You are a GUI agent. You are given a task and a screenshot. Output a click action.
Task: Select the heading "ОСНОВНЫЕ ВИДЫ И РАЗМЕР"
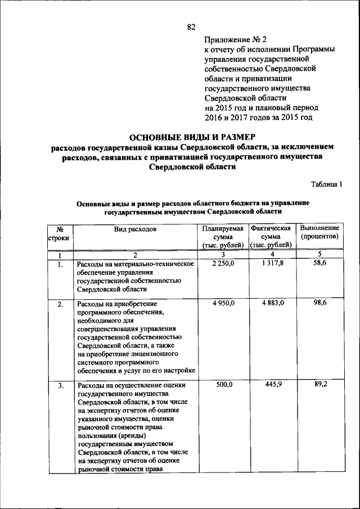192,137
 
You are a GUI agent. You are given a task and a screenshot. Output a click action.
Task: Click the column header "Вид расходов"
135,229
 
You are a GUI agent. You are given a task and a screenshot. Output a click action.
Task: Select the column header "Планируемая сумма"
223,236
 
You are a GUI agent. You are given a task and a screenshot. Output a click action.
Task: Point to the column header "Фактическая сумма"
271,236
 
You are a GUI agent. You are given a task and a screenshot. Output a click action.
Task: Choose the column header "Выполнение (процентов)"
319,233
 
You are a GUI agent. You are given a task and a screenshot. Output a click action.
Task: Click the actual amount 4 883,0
272,303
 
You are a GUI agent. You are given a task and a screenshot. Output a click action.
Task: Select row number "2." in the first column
60,305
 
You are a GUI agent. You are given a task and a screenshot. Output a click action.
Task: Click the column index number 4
272,255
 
